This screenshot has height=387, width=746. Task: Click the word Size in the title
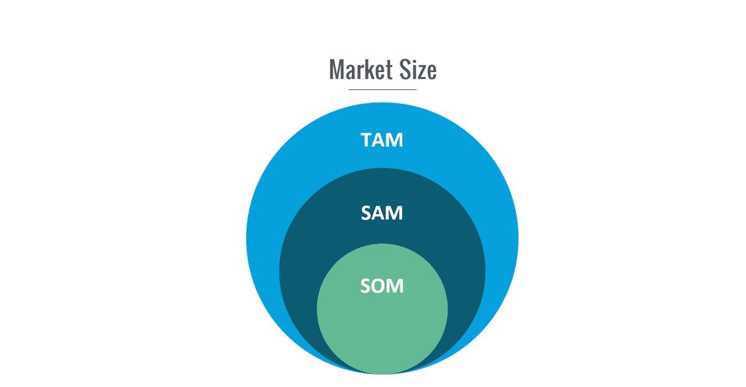[418, 69]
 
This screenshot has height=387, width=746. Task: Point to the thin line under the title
[382, 89]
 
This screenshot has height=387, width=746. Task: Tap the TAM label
[382, 140]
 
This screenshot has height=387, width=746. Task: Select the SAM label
[382, 213]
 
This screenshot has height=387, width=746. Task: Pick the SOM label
[382, 286]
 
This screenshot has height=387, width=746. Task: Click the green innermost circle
[382, 326]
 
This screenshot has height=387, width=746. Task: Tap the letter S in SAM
[366, 213]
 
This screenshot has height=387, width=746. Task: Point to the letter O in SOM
[380, 286]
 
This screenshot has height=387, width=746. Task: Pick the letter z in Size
[421, 72]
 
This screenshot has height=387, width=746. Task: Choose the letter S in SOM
[366, 286]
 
